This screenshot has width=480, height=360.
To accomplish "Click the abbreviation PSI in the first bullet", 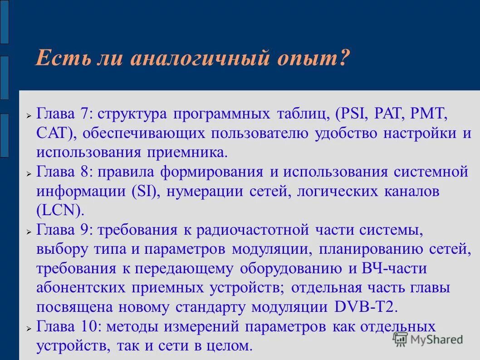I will point(353,114).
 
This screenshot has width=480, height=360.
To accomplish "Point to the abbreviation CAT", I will point(52,133).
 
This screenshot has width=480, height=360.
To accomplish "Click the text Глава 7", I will point(63,114).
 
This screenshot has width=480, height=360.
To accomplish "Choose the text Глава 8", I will point(63,172).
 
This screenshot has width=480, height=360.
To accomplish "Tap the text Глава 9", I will point(63,230).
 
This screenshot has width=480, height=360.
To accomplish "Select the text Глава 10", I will point(67,327).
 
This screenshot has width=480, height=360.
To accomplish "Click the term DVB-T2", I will point(366,307).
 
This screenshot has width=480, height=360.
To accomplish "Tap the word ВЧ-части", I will point(394,269).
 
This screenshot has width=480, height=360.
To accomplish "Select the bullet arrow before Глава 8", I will point(28,173).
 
